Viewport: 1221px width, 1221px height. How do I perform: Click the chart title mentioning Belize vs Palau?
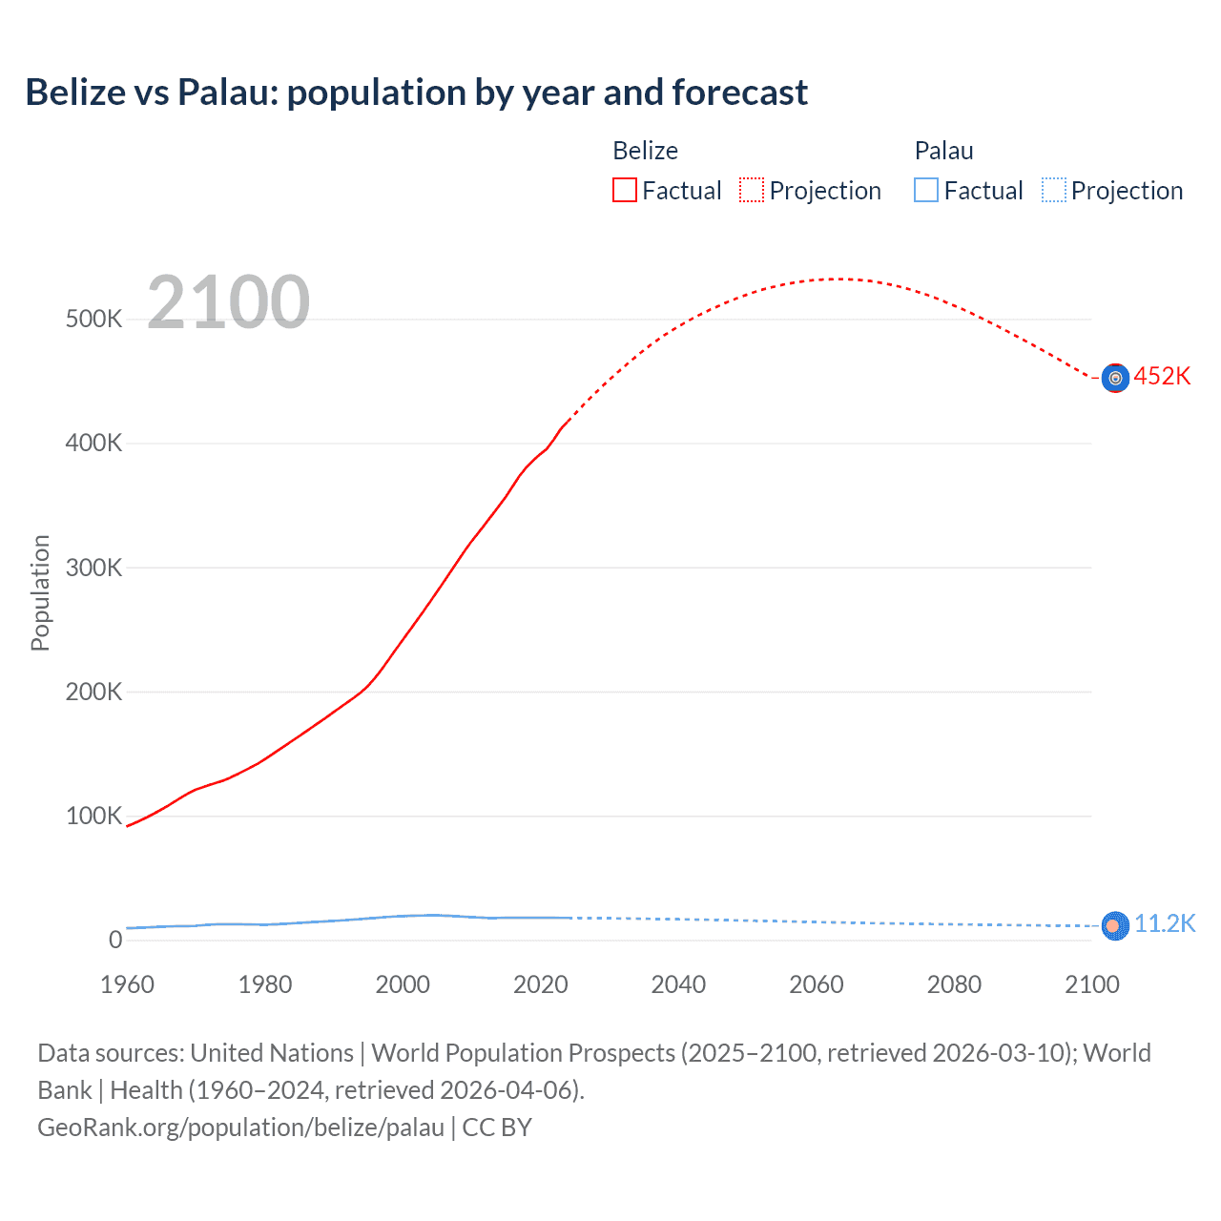tap(416, 93)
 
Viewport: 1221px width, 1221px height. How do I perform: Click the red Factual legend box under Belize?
tap(624, 191)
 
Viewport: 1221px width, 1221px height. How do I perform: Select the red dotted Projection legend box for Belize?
tap(752, 191)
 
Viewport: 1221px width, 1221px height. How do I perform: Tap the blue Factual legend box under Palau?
tap(925, 191)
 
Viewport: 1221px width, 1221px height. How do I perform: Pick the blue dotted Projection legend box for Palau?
tap(1053, 191)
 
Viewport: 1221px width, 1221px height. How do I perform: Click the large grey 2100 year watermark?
tap(228, 302)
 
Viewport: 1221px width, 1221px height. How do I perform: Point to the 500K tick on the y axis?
tap(93, 319)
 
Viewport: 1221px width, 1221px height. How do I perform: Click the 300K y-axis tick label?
tap(93, 568)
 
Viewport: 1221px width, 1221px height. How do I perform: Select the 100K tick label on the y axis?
tap(93, 817)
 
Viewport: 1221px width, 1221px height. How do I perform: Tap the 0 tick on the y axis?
tap(115, 940)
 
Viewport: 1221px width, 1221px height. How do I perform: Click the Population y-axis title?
tap(40, 592)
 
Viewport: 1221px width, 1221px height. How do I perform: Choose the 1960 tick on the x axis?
tap(127, 984)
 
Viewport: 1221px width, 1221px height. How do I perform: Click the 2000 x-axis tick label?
tap(403, 984)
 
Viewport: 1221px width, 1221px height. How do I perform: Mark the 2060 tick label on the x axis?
tap(817, 984)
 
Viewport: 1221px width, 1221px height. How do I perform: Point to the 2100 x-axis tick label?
tap(1091, 984)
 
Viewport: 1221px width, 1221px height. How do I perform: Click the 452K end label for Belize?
tap(1162, 376)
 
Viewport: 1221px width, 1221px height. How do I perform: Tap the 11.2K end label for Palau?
tap(1164, 923)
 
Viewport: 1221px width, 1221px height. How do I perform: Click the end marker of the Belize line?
tap(1115, 378)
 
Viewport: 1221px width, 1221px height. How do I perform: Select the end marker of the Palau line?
tap(1114, 925)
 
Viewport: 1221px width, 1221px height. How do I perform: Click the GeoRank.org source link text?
tap(240, 1128)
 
